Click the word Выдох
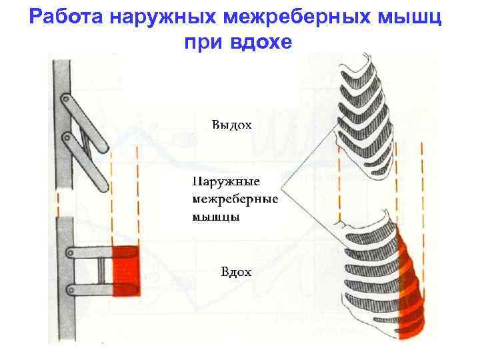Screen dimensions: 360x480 (231, 125)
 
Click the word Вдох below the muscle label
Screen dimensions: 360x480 (236, 271)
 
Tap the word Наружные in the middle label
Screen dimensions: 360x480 (225, 181)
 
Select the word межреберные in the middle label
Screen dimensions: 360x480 (235, 199)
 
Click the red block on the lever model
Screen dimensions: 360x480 (125, 269)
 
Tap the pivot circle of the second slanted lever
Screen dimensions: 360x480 (67, 139)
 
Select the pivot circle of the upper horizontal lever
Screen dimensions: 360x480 (70, 253)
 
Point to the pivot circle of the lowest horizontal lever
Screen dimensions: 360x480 (70, 288)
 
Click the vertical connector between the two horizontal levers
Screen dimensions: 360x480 (101, 270)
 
